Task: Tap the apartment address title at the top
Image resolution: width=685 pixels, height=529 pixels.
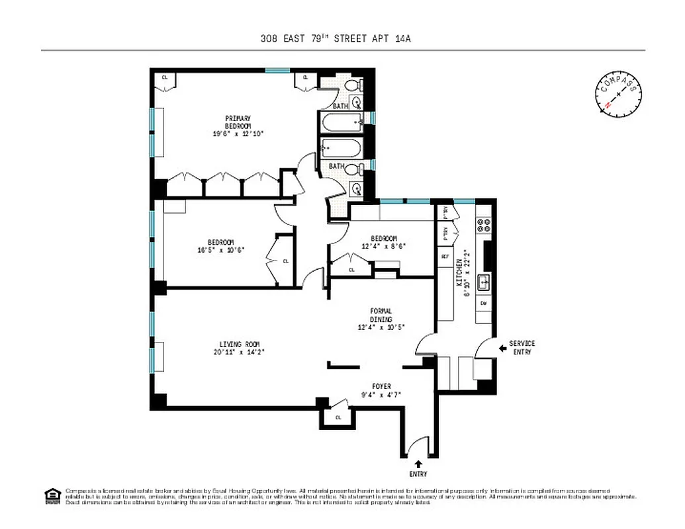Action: coord(336,39)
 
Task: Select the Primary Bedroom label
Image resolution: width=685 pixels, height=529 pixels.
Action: coord(238,122)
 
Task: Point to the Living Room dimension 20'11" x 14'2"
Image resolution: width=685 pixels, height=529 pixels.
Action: coord(240,352)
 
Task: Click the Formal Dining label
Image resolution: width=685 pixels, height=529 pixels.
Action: coord(381,315)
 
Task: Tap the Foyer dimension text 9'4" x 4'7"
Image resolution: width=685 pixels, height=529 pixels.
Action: coord(381,395)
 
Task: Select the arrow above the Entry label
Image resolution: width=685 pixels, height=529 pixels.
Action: coord(418,464)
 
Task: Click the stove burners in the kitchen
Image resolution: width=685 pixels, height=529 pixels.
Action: coord(484,225)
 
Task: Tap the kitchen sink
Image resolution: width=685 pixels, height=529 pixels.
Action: coord(484,282)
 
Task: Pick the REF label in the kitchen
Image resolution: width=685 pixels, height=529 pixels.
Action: coord(445,257)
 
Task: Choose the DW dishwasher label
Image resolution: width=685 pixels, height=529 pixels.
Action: coord(484,303)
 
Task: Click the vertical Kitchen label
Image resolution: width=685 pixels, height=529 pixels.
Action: coord(459,272)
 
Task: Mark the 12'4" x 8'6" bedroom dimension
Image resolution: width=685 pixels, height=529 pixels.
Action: coord(383,246)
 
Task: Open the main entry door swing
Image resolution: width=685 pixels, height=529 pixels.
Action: coord(418,446)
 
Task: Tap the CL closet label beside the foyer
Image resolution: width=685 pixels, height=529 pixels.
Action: coord(338,417)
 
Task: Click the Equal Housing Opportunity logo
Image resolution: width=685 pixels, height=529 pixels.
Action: coord(52,496)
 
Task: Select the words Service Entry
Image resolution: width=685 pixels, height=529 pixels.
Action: coord(522,348)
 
